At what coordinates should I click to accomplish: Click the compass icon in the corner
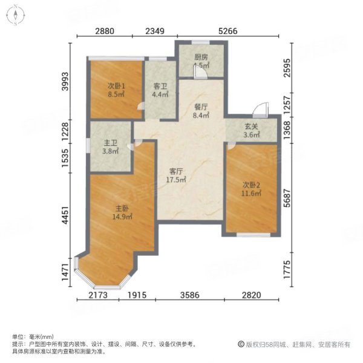(x=14, y=15)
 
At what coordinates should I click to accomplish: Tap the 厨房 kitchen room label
(x=201, y=57)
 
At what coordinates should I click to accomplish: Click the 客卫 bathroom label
(x=160, y=85)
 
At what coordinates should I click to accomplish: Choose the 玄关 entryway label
(x=252, y=126)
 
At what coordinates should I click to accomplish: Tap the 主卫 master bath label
(x=110, y=143)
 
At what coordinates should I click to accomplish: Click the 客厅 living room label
(x=176, y=170)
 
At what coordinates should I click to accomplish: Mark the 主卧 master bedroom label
(x=119, y=209)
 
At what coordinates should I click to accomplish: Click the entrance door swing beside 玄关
(x=260, y=111)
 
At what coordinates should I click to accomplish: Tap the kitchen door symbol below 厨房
(x=198, y=71)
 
